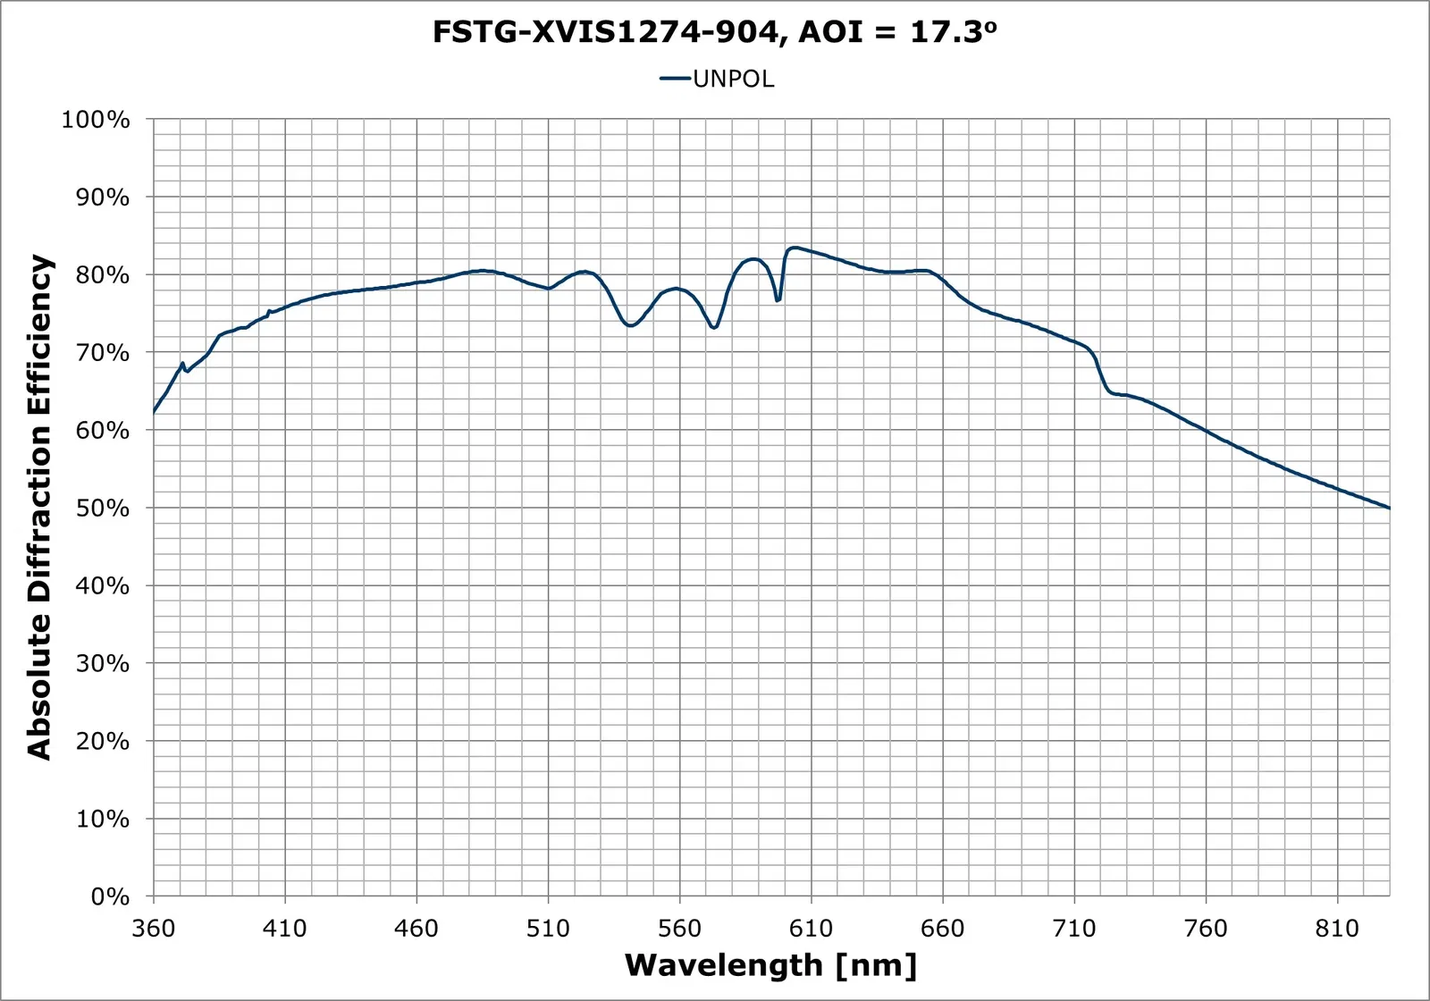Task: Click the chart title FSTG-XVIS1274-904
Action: [714, 32]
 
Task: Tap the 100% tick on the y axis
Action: [96, 120]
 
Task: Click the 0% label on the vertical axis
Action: [110, 896]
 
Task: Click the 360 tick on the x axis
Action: [154, 929]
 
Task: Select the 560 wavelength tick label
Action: [679, 929]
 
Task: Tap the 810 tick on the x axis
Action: [1337, 929]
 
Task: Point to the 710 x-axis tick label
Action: [1073, 929]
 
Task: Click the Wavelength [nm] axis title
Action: [770, 965]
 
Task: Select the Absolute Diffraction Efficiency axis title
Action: [40, 507]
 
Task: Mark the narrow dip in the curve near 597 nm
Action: [778, 300]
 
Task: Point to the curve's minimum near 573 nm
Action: [713, 328]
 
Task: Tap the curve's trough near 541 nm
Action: [630, 325]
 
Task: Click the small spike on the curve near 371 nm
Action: [182, 364]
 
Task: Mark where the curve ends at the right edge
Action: [1389, 508]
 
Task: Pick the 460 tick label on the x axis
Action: [416, 929]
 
